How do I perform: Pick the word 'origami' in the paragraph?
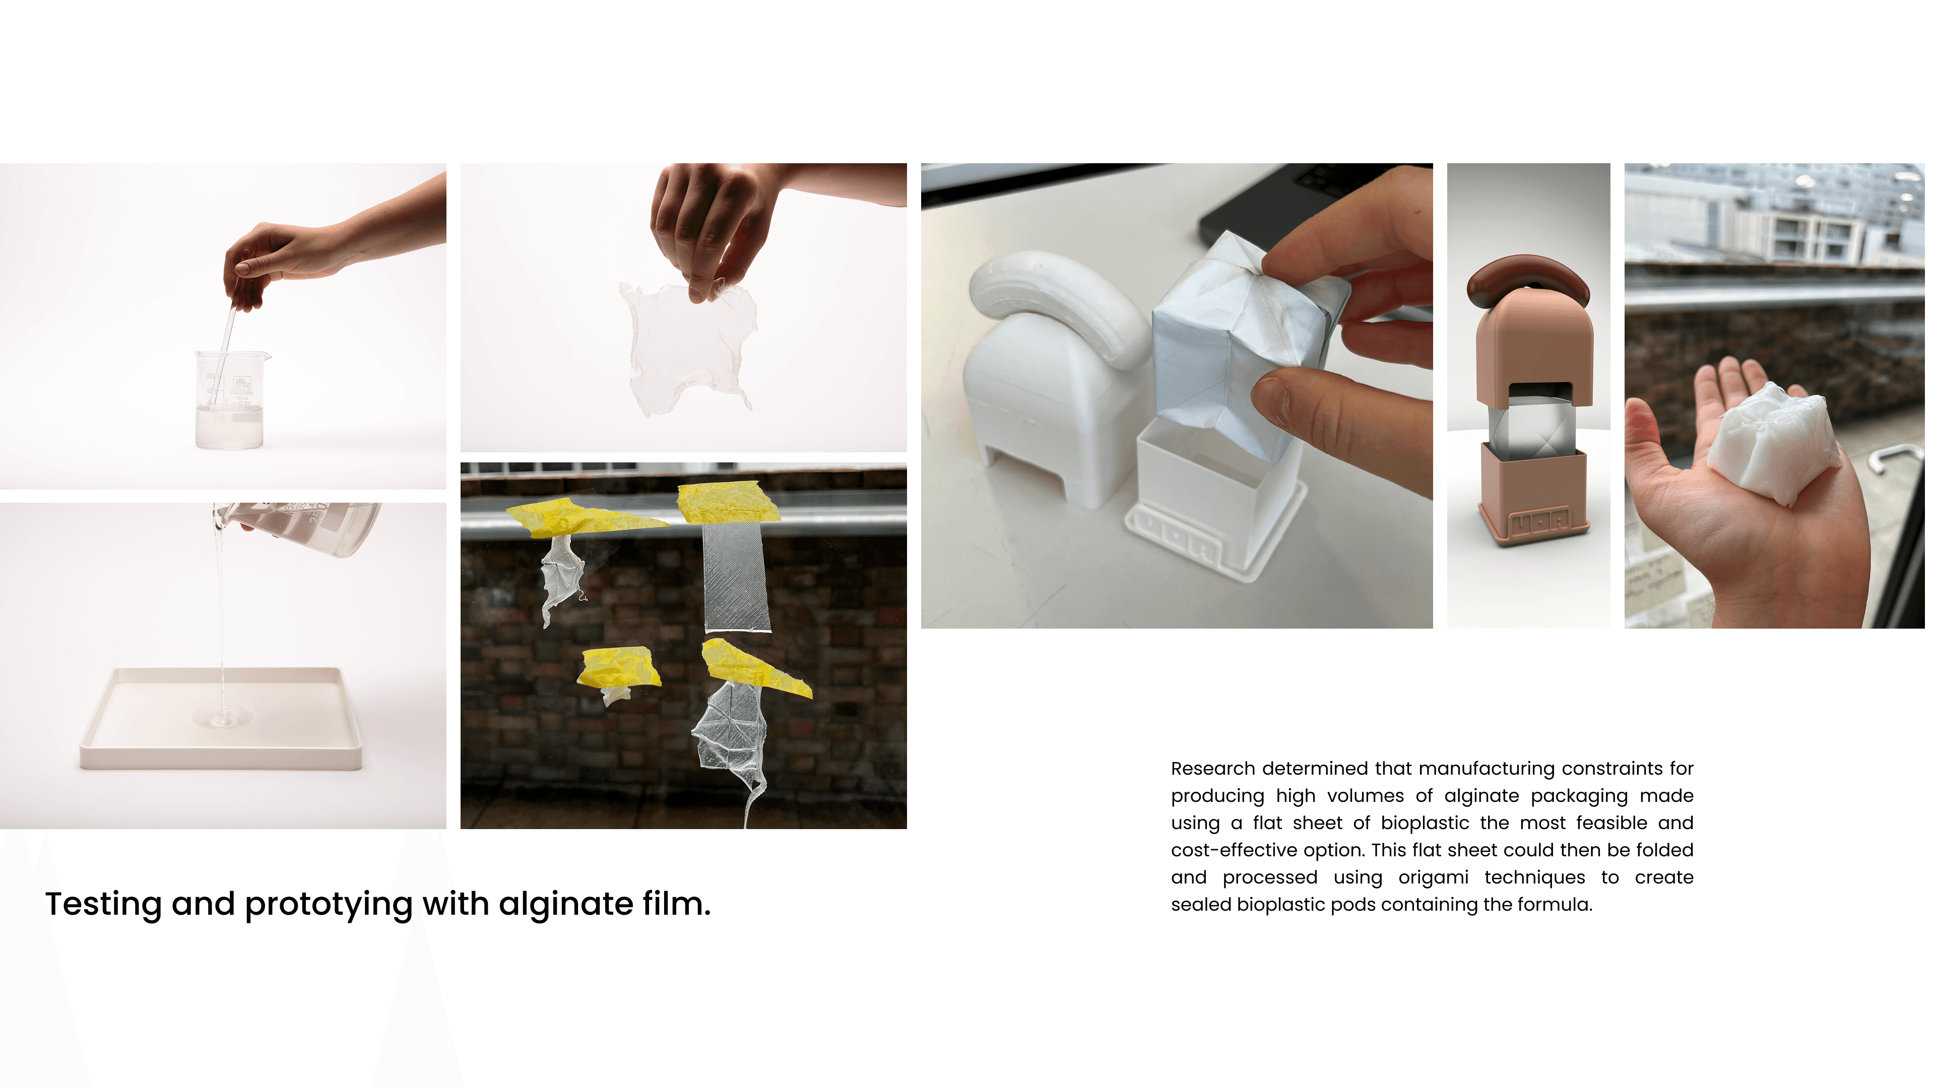[1433, 878]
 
